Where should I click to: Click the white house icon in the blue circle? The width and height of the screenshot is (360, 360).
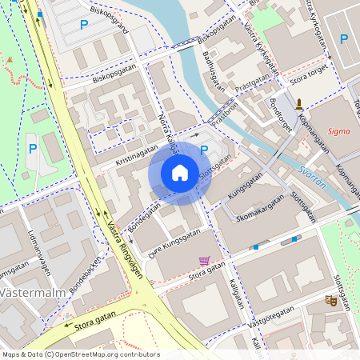180,172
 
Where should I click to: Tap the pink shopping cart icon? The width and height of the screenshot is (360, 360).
204,261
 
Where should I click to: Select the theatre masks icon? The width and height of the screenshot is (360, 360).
330,300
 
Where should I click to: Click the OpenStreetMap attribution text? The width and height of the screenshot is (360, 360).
80,354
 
